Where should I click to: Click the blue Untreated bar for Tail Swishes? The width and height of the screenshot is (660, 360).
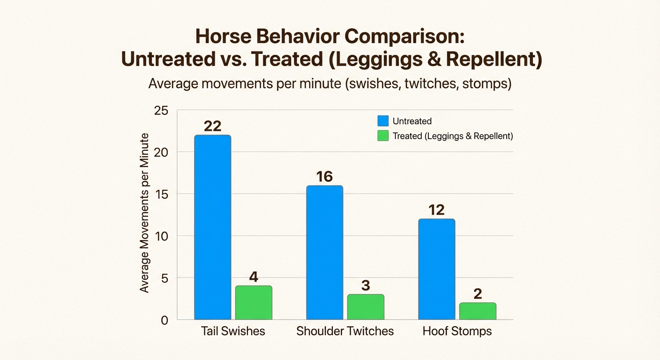click(212, 227)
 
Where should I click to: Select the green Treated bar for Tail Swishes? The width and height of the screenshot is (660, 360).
click(254, 302)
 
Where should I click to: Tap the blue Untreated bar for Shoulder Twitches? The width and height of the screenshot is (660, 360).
click(324, 252)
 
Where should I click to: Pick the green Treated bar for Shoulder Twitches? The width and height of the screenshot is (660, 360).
click(366, 307)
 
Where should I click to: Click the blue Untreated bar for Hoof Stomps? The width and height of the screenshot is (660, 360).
click(436, 269)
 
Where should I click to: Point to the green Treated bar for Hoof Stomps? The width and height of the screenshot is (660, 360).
click(478, 311)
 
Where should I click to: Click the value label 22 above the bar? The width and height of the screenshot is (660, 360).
click(212, 126)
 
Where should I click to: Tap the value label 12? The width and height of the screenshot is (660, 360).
click(436, 210)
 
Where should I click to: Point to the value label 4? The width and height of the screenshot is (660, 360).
click(254, 277)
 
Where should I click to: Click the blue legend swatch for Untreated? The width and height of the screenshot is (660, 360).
click(383, 121)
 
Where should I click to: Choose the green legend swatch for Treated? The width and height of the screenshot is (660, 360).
click(383, 136)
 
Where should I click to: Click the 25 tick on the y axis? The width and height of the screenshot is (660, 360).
click(161, 111)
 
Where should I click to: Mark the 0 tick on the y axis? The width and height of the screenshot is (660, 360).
click(165, 320)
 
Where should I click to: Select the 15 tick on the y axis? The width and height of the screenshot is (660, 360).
click(161, 194)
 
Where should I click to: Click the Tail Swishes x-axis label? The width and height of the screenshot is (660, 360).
click(233, 331)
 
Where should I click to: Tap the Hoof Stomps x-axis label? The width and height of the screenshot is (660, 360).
click(457, 331)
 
